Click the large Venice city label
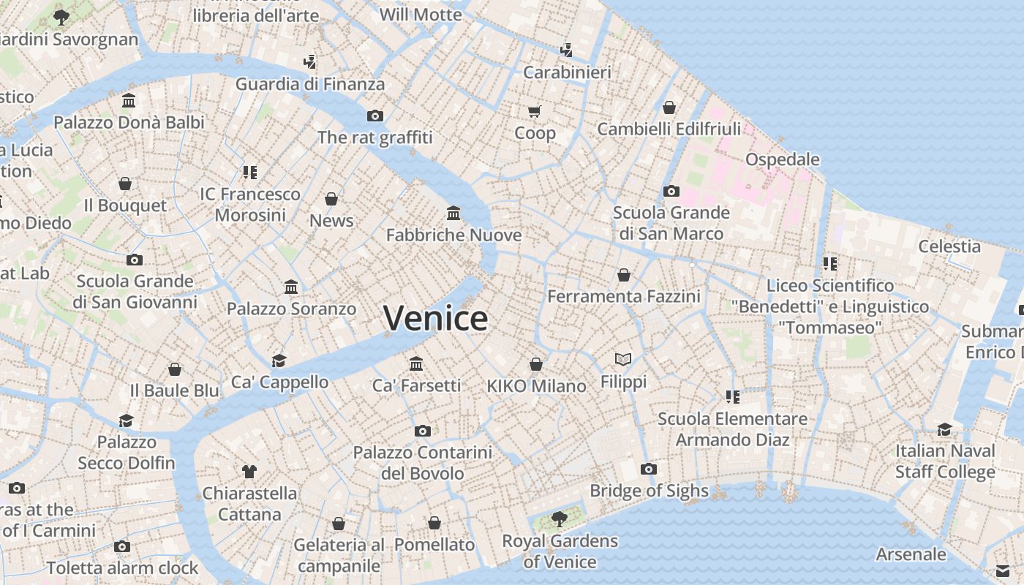435,319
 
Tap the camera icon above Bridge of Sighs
648,469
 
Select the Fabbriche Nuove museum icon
453,214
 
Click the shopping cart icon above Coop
535,112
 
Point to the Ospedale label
782,159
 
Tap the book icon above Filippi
623,360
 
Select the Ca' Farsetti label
416,385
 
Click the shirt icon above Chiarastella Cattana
249,472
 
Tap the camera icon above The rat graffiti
374,116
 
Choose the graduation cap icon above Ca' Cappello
279,361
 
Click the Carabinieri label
567,72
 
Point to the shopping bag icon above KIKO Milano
536,364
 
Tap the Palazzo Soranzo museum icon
291,287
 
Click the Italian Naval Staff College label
945,461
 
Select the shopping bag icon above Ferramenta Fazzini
624,275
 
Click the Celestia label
949,246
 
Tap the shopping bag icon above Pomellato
434,524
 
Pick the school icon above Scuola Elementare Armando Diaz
732,397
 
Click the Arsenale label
911,554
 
